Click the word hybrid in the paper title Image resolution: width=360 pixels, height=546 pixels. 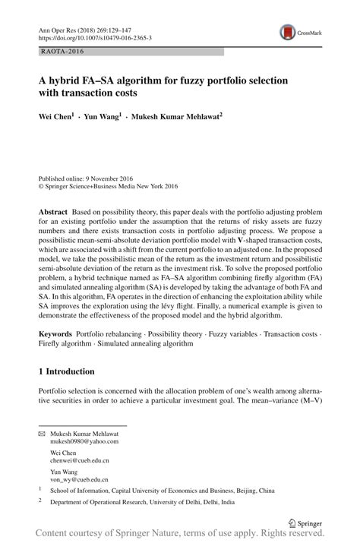75,80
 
